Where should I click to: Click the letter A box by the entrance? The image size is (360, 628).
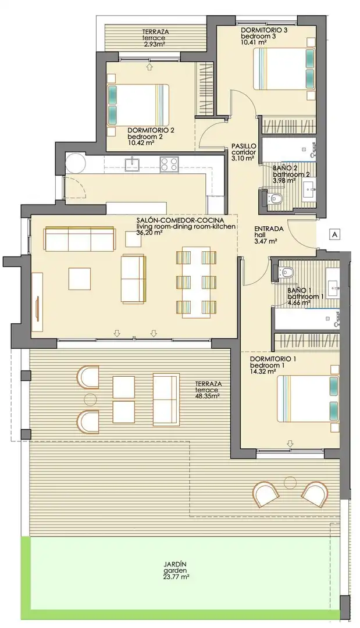pos(334,234)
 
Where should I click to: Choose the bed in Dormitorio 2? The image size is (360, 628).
pos(137,105)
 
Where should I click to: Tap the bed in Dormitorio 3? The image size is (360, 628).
pos(285,69)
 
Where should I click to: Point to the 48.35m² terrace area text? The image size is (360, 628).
pos(208,396)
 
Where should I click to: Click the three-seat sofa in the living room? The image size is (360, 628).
pos(80,239)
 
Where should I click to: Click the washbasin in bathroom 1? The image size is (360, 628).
pos(334,286)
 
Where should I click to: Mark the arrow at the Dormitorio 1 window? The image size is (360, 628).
pos(290,443)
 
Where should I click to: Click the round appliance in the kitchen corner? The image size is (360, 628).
pos(75,163)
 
